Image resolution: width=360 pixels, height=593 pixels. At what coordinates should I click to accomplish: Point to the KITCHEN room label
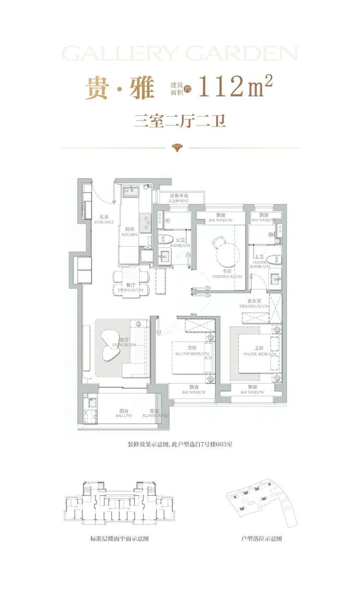[x=129, y=232]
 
